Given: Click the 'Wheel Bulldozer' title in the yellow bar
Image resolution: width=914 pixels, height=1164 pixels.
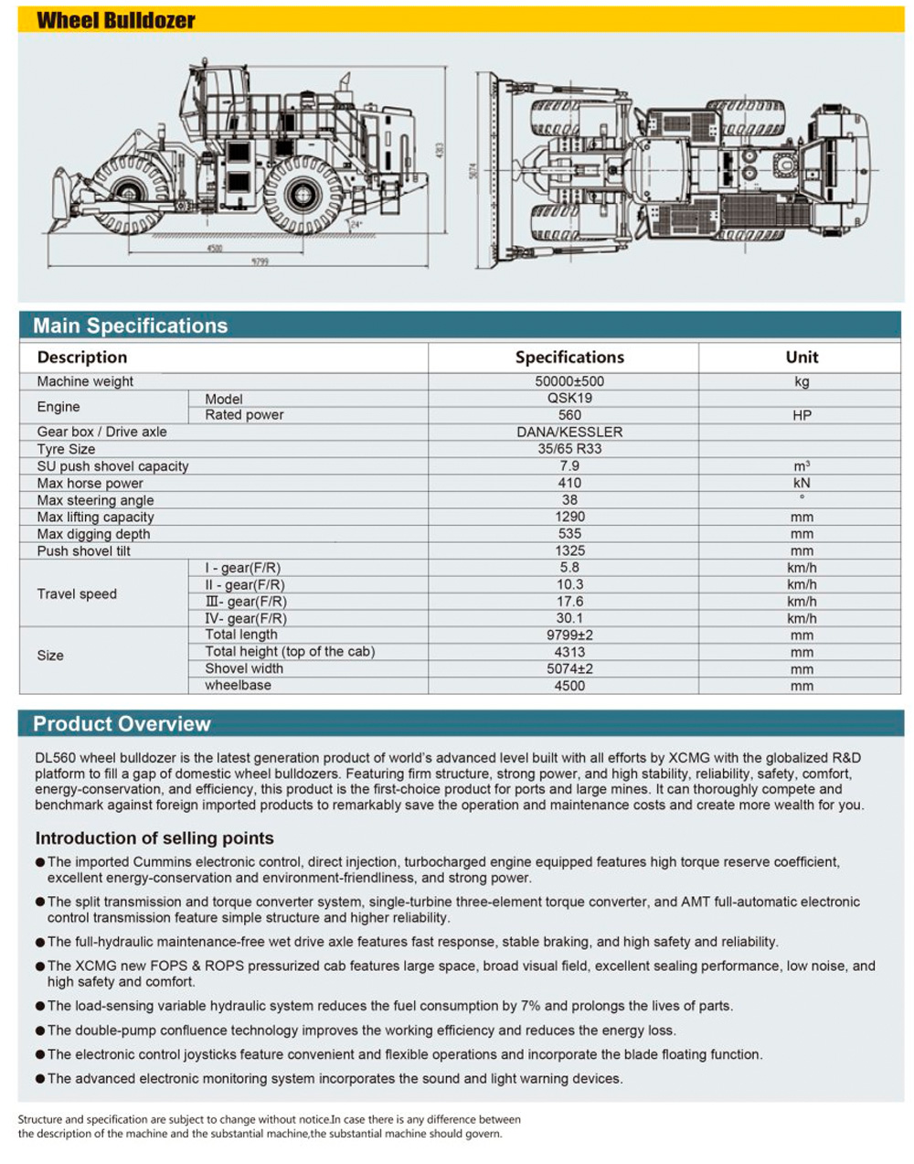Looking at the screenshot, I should click(115, 20).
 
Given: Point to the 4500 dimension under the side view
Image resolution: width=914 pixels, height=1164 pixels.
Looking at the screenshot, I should click(215, 247).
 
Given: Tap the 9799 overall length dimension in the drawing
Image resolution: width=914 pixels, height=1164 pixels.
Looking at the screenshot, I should click(260, 262).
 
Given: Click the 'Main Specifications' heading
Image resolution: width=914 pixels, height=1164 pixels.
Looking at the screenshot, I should click(130, 326).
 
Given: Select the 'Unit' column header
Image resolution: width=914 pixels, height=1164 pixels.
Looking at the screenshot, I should click(802, 358).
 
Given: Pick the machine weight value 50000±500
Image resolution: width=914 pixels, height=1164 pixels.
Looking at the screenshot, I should click(569, 381).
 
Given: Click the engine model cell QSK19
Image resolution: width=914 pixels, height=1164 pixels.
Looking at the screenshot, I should click(569, 398).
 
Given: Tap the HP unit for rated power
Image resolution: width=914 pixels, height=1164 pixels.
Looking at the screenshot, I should click(802, 415).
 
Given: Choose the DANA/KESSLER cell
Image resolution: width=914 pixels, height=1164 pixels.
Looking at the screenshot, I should click(569, 432).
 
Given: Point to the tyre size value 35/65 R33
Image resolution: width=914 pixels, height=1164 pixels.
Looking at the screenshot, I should click(569, 449).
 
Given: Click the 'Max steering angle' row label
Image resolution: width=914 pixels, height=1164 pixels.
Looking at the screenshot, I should click(95, 500).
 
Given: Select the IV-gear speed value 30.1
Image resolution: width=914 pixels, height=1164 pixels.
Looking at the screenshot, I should click(569, 618).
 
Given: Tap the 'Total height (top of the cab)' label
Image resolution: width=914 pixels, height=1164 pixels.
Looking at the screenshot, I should click(290, 651).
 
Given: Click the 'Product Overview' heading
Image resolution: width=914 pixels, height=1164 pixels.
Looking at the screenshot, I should click(122, 724).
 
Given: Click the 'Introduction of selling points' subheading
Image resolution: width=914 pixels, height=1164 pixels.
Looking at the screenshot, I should click(154, 838).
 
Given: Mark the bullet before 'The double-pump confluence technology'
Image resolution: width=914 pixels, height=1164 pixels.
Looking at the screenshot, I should click(40, 1031).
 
